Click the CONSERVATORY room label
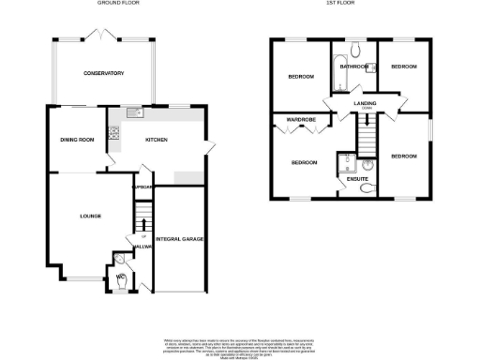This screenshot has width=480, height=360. pos(103,73)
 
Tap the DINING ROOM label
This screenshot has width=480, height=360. pos(78,140)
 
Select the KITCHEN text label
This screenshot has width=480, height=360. pos(157,140)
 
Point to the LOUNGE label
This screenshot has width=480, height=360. pos(88,217)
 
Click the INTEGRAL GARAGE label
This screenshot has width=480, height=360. pos(179,239)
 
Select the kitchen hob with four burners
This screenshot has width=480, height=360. pos(114,132)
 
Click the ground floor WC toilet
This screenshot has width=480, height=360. pos(121,277)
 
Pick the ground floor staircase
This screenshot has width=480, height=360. pos(142,223)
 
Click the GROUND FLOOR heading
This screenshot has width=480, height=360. pos(119,4)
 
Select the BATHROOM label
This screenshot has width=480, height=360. pos(353,67)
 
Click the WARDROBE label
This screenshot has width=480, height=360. pos(299,121)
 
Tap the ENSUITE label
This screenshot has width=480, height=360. pos(357,178)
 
